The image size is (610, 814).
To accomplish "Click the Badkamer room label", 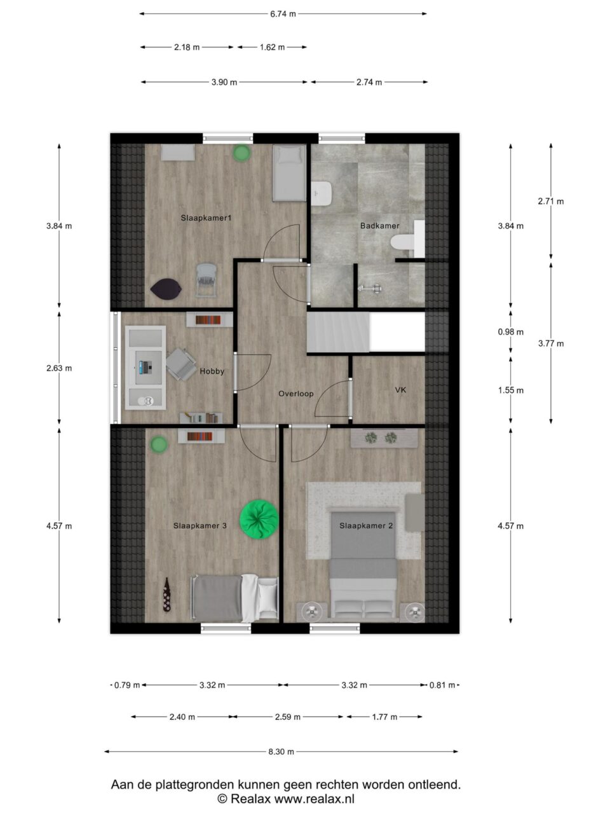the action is click(x=379, y=226).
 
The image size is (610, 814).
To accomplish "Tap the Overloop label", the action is click(x=296, y=394).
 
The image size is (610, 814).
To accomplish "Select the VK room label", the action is click(x=400, y=390).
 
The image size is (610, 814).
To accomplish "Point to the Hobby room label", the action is click(x=212, y=371).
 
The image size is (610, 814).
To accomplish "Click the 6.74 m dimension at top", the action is click(x=283, y=14).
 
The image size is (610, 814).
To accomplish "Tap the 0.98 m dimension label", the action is click(x=510, y=332).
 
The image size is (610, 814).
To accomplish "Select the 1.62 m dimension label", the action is click(x=272, y=47).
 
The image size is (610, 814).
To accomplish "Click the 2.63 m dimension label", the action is click(x=59, y=368).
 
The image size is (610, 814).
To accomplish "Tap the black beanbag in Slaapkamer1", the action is click(x=166, y=289).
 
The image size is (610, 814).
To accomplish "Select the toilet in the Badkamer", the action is click(x=403, y=243).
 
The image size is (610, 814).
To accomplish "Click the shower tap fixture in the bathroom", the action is click(x=370, y=288).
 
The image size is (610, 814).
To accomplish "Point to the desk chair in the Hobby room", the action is click(x=180, y=364).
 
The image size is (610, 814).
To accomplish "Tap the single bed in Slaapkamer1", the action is click(x=289, y=173).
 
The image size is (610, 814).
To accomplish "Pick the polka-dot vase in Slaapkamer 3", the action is click(x=167, y=594).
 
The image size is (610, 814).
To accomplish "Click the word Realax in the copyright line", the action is click(x=250, y=798).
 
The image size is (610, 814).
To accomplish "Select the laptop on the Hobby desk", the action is click(x=146, y=367).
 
